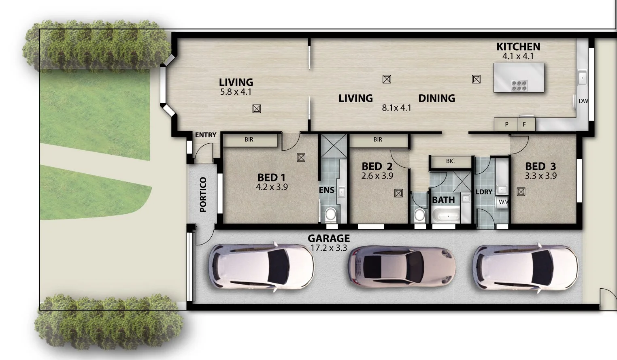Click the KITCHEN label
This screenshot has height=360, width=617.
point(518,47)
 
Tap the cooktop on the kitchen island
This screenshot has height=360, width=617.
point(519,85)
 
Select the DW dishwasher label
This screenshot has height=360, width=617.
point(583,101)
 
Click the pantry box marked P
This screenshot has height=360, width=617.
point(506,125)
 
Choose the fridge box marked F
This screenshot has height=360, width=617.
point(525,125)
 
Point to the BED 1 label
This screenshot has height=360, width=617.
point(271,177)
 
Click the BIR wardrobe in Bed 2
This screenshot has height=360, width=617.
point(378,140)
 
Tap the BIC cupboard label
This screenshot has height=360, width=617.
point(450,161)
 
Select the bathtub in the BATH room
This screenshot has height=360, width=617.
point(446,215)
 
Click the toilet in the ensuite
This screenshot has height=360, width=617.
point(330,214)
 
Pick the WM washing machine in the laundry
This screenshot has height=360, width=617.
point(503,202)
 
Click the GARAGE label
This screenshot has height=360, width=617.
point(328,239)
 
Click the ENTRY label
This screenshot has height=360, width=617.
point(206,135)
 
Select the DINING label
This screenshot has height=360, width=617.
point(436,98)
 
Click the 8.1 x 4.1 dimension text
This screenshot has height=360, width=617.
point(396,108)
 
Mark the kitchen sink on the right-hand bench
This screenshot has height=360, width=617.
point(582,78)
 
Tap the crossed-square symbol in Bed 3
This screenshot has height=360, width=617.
point(521,192)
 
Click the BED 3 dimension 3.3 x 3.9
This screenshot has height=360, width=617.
point(540,176)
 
